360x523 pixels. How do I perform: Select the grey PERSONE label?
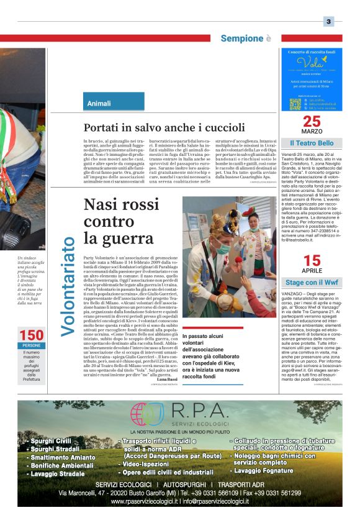coord(31,345)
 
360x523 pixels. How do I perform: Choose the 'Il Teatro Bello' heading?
coord(312,143)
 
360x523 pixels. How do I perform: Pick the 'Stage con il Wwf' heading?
coord(312,283)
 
